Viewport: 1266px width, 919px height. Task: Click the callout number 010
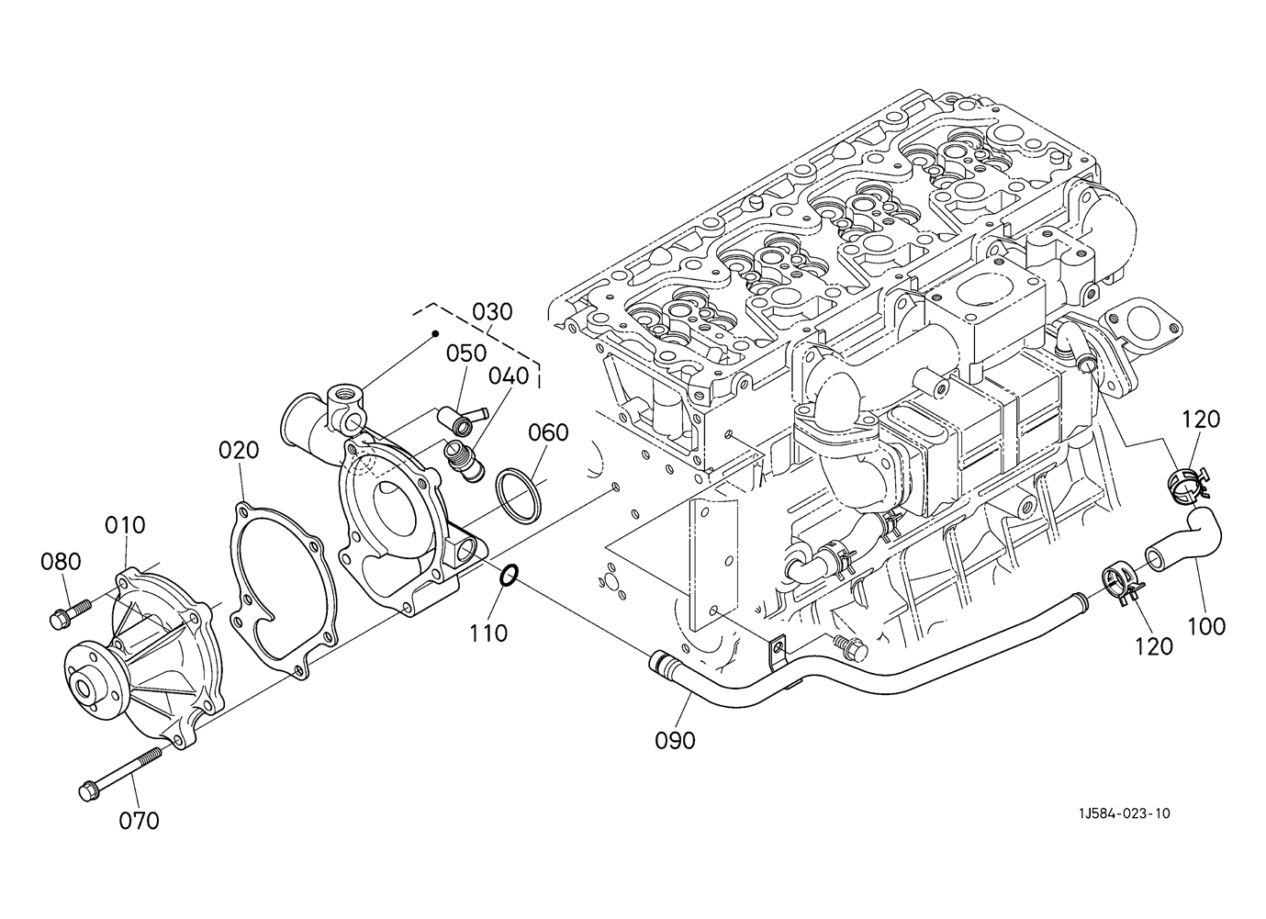coord(124,525)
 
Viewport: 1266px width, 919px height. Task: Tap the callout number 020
coord(239,450)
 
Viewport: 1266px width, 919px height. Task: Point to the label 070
coord(139,820)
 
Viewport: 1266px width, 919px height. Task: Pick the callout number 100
coord(1205,626)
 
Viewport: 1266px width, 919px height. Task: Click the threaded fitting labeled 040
coord(466,459)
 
